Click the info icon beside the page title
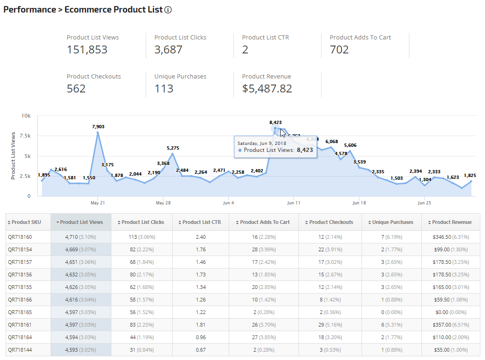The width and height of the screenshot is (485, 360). coord(168,10)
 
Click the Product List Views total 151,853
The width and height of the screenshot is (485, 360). coord(87,50)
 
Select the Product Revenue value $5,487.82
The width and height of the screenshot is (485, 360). coord(267,89)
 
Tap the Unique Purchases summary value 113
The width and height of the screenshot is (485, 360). coord(164,89)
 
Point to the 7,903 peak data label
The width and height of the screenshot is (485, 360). coord(98,126)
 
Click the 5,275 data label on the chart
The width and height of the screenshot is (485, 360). coord(173,148)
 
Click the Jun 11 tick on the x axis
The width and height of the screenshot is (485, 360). coord(294,203)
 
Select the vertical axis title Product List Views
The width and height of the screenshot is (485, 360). coord(13,156)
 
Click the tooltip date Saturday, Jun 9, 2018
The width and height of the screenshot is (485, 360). coord(261,143)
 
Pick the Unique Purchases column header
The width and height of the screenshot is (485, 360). coord(392,222)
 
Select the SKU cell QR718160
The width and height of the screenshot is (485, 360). coord(20,237)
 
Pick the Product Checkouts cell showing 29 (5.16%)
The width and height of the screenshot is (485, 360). coord(331,325)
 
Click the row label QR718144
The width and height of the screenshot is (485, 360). coord(20,350)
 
